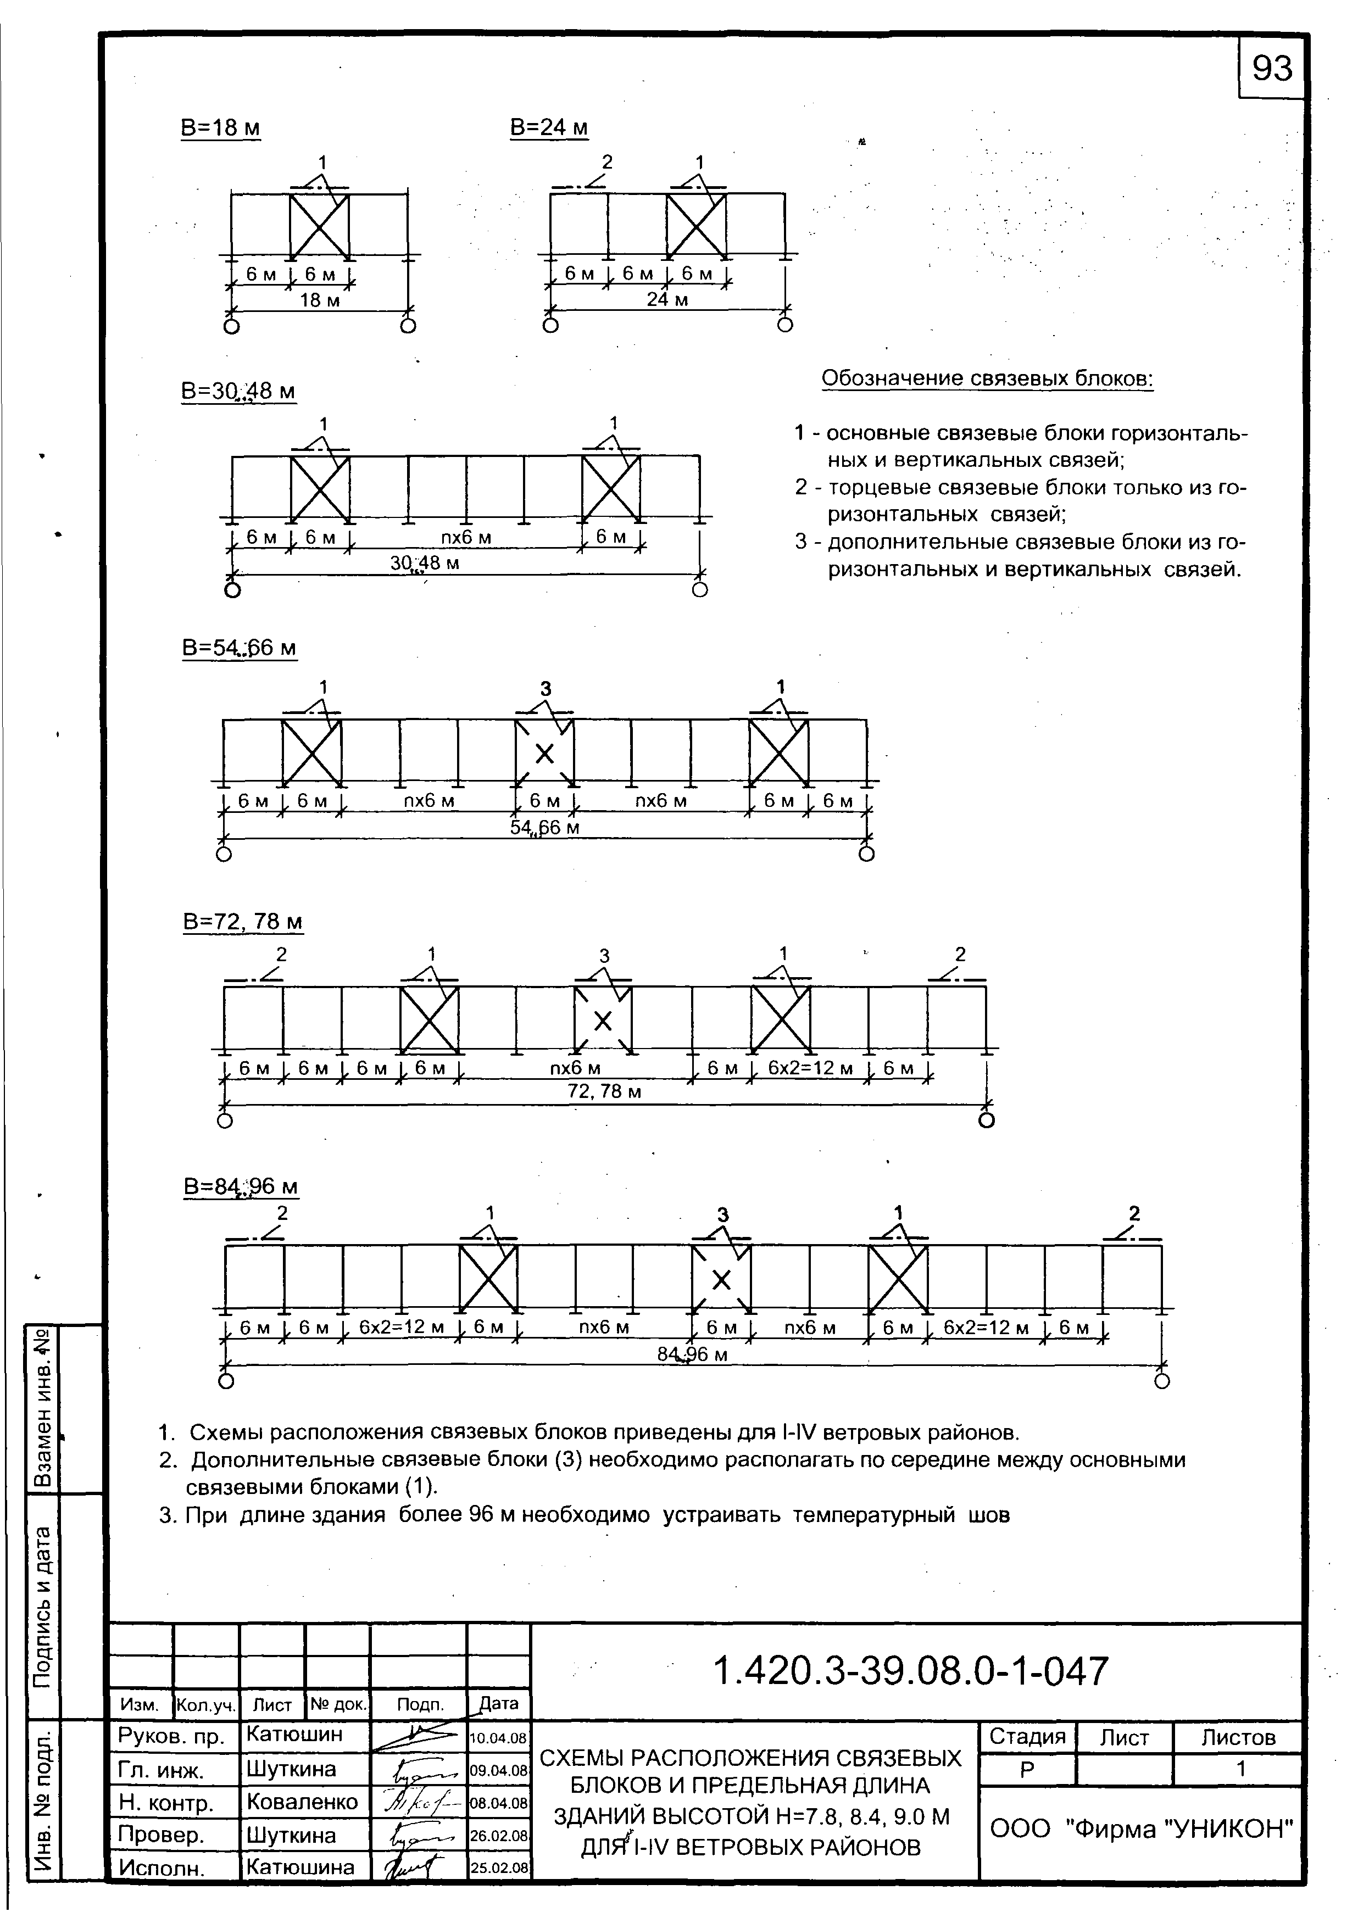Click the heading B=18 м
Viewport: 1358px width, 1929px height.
pos(220,129)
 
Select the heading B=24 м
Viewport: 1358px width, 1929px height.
pos(549,128)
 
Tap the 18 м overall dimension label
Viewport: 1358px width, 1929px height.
pos(319,300)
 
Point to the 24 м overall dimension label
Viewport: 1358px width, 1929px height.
pos(667,300)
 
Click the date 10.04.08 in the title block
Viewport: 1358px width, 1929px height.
pos(498,1737)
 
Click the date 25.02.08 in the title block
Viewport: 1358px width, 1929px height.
pos(498,1867)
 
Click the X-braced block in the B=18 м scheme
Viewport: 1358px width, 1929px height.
pos(319,227)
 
